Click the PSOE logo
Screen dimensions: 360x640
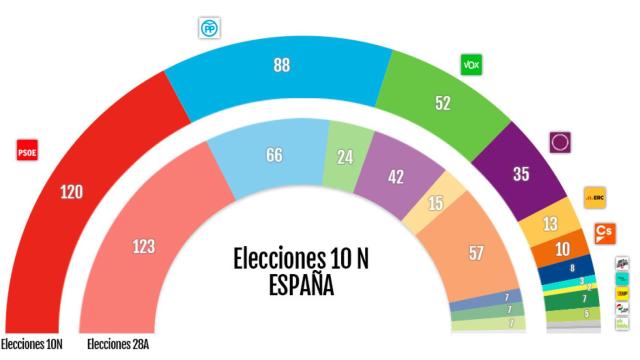27,152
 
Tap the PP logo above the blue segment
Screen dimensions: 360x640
208,28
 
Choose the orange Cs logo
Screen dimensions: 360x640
604,232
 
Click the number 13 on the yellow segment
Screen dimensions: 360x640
550,222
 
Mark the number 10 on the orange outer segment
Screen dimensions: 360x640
563,248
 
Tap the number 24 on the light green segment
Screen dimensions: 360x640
346,156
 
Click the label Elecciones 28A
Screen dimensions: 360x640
118,346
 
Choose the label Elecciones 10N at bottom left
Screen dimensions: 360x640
32,346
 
